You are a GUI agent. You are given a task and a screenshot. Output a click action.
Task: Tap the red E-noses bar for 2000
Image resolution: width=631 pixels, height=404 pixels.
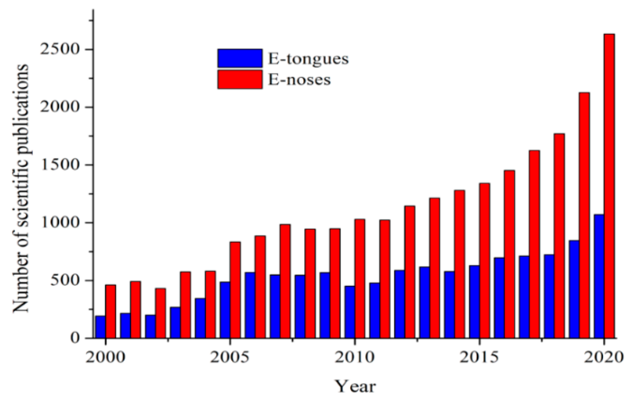click(110, 311)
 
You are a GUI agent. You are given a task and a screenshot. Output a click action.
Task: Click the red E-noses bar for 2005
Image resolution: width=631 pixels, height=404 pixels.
click(235, 290)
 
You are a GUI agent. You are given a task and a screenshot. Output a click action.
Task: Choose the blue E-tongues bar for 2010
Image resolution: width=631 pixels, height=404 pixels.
click(350, 312)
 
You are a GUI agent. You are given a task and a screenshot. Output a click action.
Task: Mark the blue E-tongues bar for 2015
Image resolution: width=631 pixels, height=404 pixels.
click(474, 302)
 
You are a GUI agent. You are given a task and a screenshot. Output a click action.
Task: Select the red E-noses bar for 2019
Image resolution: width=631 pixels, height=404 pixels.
click(584, 215)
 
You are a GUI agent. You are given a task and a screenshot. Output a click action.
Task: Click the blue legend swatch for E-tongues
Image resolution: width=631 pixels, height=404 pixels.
click(240, 58)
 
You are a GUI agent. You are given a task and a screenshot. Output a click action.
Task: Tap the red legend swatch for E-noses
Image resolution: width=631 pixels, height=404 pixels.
click(240, 79)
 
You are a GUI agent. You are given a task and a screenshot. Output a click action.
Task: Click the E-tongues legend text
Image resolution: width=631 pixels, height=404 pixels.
click(308, 59)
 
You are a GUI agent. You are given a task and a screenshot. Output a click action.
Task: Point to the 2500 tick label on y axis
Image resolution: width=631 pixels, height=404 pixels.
click(59, 49)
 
